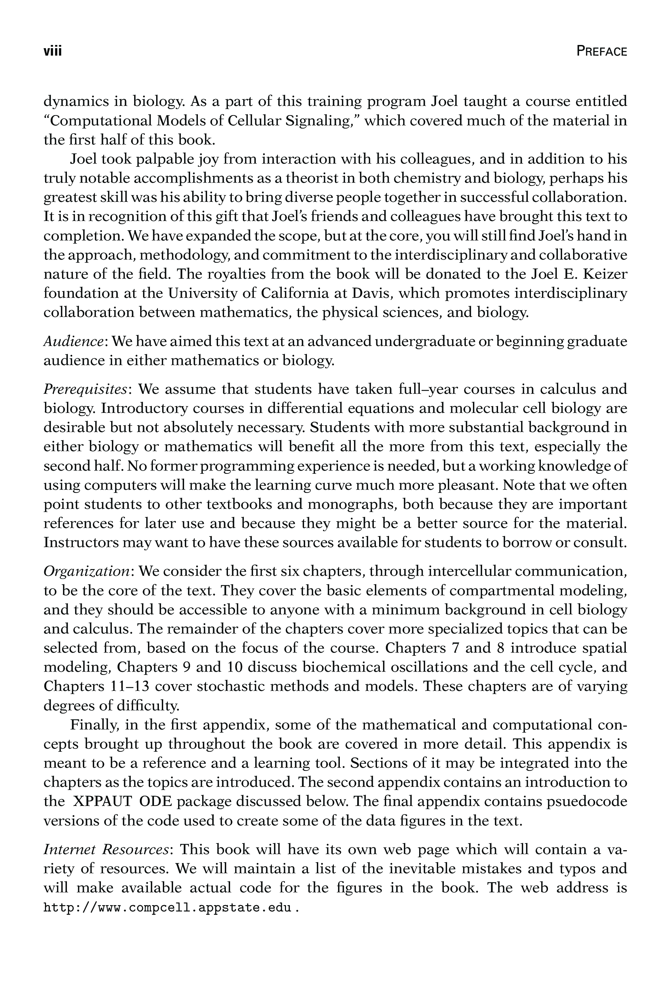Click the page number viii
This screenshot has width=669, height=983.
(53, 51)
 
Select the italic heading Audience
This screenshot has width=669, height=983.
(74, 341)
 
